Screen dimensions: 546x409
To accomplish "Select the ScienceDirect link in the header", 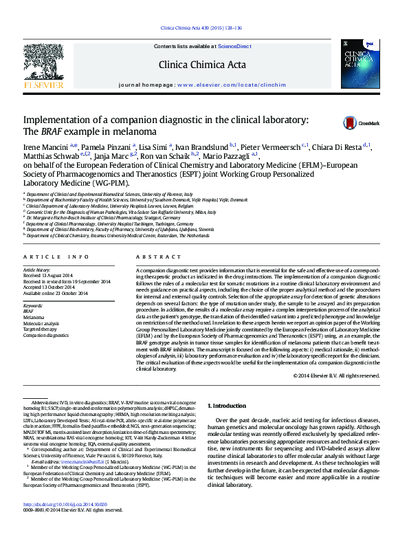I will (234, 45).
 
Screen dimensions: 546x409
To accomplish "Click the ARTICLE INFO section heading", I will (56, 256).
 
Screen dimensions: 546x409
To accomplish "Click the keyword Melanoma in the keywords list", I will (34, 317).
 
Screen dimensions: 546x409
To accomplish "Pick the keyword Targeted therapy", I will (41, 329).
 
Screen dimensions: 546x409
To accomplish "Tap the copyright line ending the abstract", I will (335, 375).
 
